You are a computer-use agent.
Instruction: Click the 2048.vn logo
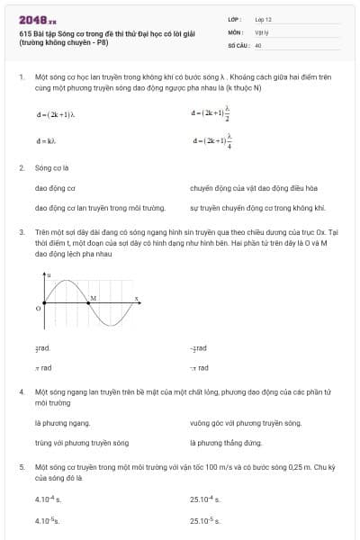[x=37, y=19]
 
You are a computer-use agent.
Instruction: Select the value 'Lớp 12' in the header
[x=263, y=19]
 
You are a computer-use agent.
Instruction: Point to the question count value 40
[x=258, y=44]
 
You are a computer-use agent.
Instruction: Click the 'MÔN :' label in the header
[x=236, y=31]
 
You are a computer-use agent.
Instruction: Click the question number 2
[x=22, y=167]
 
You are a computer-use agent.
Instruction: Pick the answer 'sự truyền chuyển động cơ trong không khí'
[x=244, y=208]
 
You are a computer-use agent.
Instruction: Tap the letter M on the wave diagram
[x=94, y=296]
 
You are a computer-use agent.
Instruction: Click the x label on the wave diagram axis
[x=137, y=298]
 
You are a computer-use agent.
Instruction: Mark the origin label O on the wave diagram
[x=38, y=308]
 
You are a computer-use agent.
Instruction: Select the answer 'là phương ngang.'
[x=62, y=422]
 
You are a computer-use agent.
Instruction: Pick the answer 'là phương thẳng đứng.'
[x=226, y=443]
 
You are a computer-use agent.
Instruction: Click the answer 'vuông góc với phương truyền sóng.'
[x=246, y=422]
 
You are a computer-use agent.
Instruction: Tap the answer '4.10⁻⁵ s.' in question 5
[x=49, y=520]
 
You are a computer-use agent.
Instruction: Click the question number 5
[x=22, y=468]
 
